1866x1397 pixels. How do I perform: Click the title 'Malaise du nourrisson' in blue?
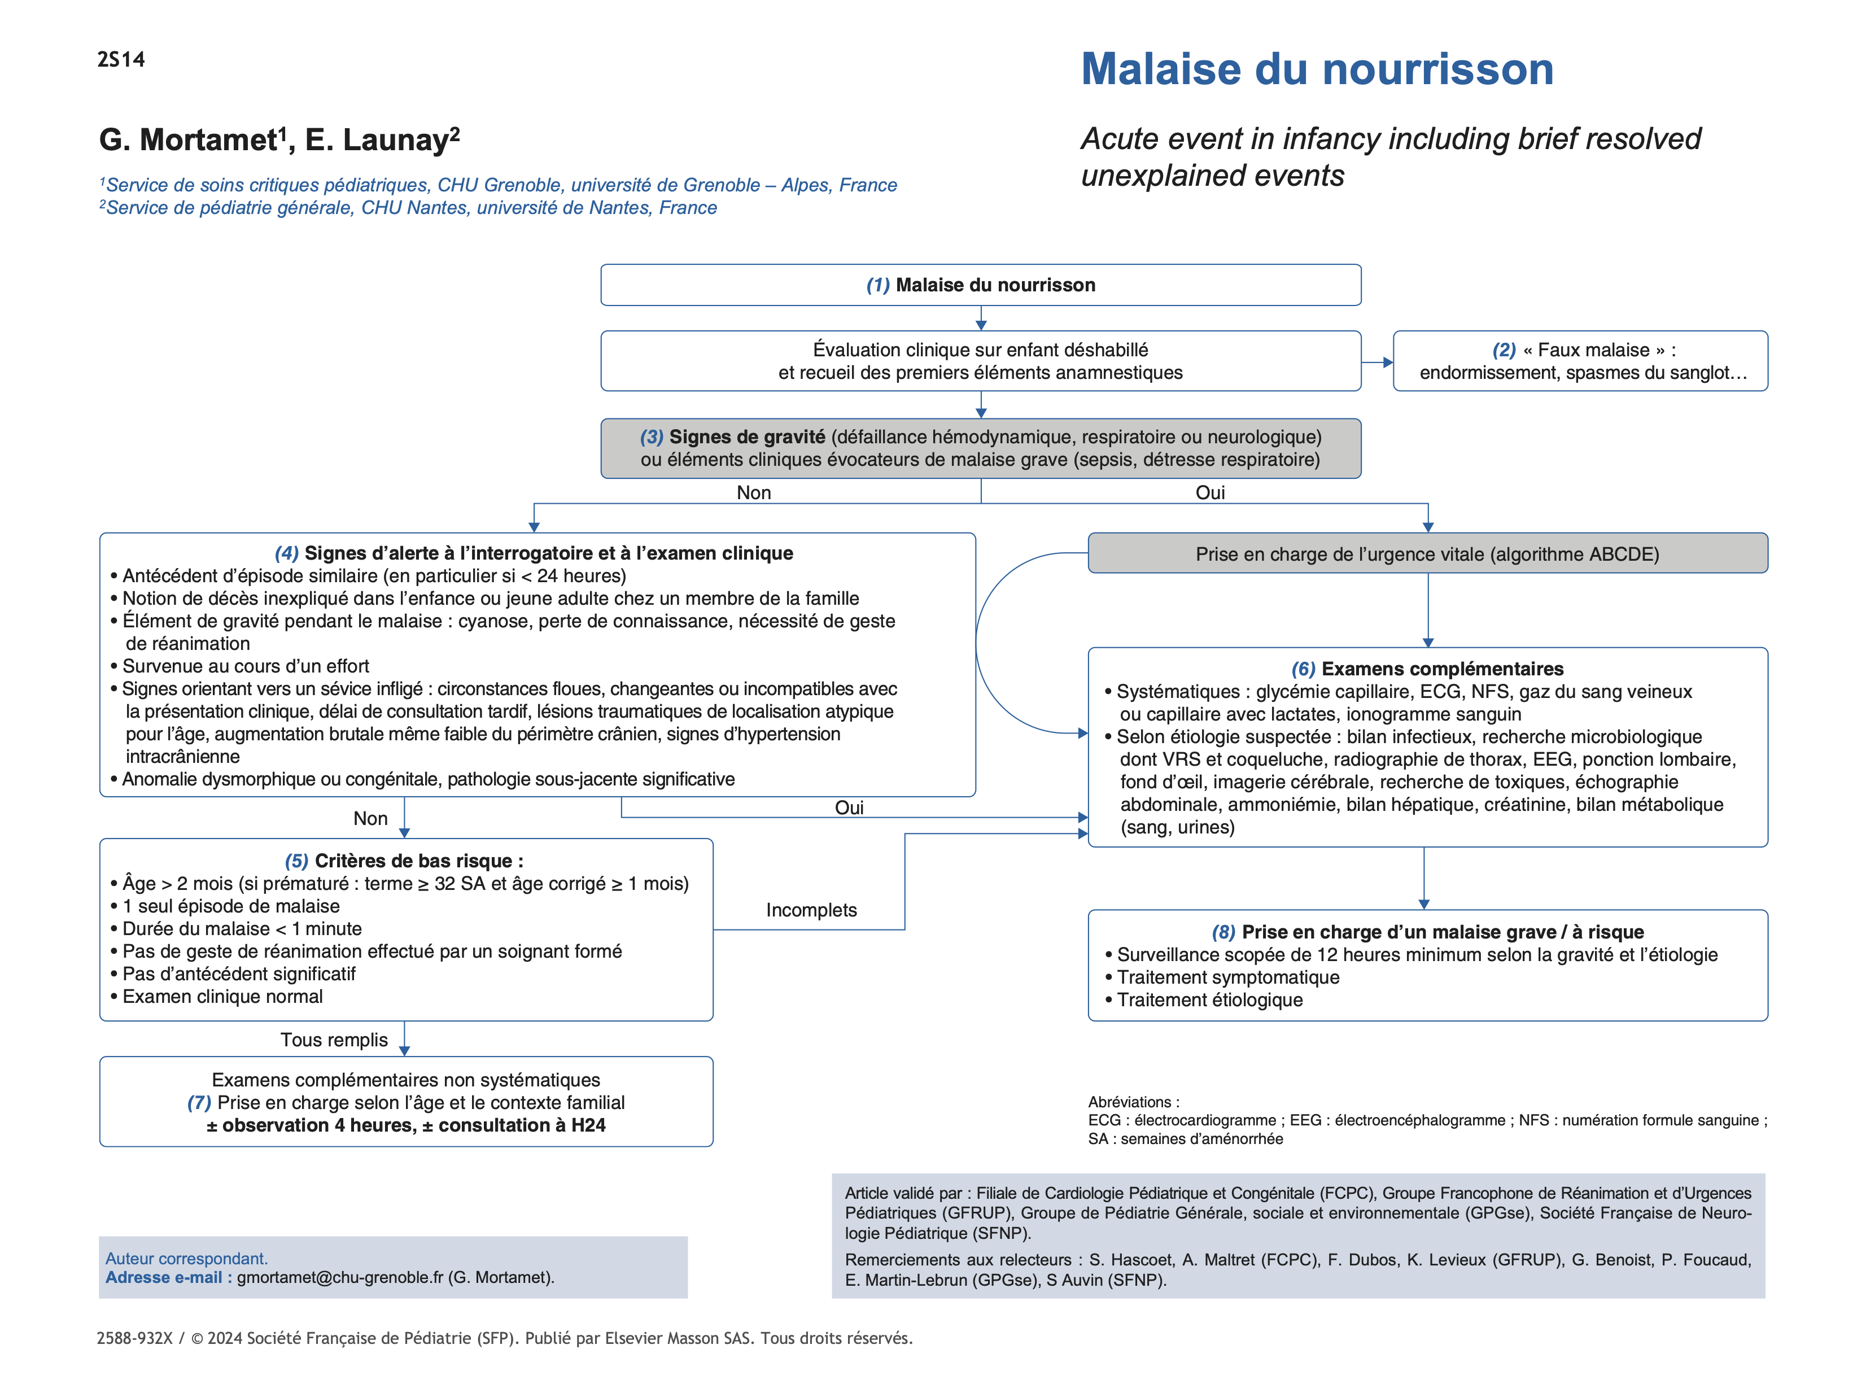click(1316, 69)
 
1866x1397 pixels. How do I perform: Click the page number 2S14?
click(121, 60)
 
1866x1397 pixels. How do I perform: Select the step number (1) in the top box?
click(877, 285)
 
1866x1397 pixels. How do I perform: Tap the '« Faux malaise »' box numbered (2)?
click(1579, 361)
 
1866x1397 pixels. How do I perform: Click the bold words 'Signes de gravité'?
click(746, 437)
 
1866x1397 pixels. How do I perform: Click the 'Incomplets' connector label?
click(811, 910)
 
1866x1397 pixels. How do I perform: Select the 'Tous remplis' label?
click(334, 1040)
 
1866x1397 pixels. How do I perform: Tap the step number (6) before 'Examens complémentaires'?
click(1303, 669)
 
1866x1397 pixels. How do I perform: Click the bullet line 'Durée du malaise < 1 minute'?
click(242, 929)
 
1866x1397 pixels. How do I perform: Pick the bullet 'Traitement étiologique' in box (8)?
click(1210, 1001)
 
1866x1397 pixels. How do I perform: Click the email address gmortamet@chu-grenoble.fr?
click(340, 1277)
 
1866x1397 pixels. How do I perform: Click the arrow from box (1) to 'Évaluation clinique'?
click(980, 319)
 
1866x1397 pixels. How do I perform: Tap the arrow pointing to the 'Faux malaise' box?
click(1376, 363)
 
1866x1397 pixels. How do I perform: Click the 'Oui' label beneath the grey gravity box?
click(1210, 492)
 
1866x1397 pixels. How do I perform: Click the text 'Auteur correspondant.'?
click(186, 1259)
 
